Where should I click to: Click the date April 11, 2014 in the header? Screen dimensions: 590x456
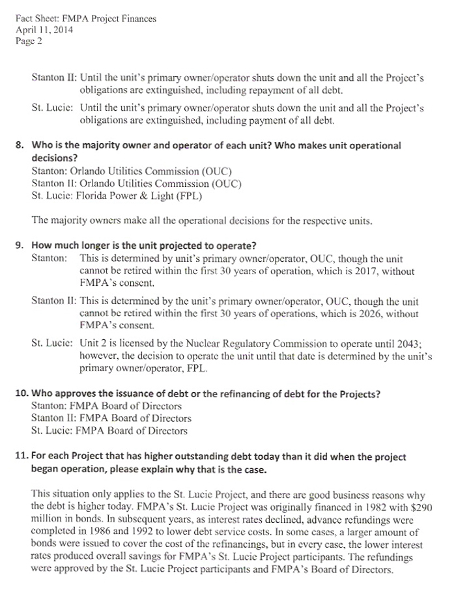pyautogui.click(x=44, y=30)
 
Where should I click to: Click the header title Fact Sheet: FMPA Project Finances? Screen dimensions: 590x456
pyautogui.click(x=85, y=19)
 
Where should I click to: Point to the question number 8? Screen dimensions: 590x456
pyautogui.click(x=20, y=146)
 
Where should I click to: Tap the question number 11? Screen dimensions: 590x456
pyautogui.click(x=22, y=457)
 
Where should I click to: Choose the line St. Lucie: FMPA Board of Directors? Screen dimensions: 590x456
pyautogui.click(x=109, y=430)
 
